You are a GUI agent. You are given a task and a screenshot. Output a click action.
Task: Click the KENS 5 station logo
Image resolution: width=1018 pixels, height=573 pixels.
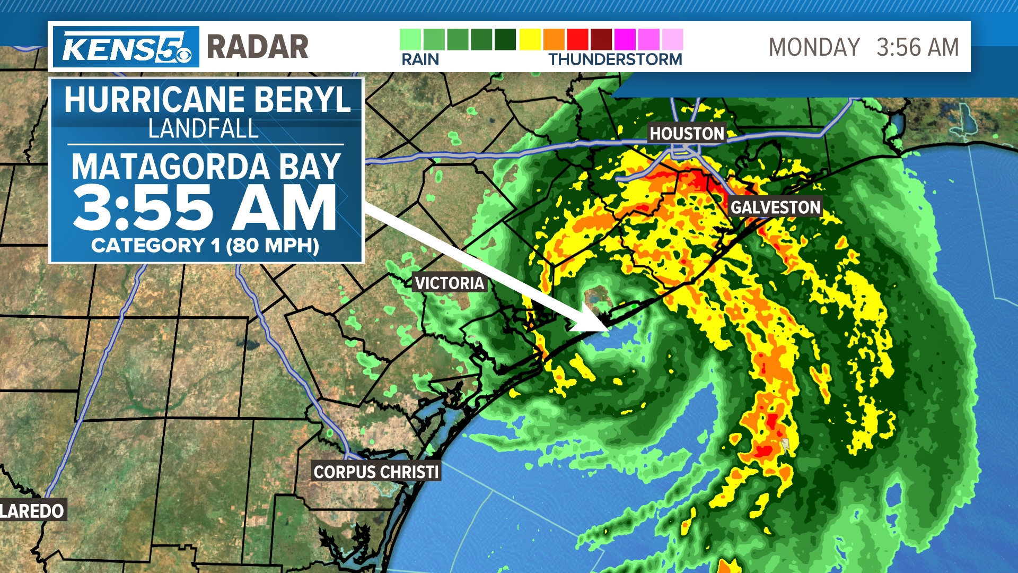pos(126,47)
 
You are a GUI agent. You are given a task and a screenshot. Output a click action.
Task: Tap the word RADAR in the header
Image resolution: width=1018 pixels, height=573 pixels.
pos(257,47)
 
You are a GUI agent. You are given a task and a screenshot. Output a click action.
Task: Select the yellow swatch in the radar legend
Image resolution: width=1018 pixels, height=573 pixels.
pos(530,40)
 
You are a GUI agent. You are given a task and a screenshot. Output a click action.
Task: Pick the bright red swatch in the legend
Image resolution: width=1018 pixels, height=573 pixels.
pos(577,40)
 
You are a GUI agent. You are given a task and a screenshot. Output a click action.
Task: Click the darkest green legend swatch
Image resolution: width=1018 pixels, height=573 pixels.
pos(505,40)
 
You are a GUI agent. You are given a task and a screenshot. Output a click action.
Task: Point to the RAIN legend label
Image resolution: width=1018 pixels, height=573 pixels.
pos(420,59)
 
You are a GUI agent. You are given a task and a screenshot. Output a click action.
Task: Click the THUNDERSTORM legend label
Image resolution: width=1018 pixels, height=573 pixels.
pos(615,59)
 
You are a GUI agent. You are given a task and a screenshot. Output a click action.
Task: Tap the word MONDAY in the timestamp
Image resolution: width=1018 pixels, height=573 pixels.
pos(814,47)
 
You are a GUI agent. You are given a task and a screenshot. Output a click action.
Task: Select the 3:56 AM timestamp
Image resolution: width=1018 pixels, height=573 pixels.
pos(917,47)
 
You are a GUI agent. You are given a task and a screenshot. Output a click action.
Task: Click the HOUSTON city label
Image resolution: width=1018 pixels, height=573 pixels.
pos(687,134)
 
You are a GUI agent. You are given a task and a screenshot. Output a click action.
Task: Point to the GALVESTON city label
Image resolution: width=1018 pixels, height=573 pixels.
pos(776,207)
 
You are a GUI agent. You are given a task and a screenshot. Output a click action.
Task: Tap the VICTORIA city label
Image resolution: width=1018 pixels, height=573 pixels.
pos(450,283)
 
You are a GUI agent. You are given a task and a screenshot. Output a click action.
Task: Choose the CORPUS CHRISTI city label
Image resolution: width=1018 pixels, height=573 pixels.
pos(376,472)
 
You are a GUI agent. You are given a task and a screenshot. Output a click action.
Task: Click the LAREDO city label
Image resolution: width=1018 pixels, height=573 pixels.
pos(32,511)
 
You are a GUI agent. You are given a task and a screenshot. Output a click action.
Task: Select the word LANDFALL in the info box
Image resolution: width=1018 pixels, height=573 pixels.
pos(204,128)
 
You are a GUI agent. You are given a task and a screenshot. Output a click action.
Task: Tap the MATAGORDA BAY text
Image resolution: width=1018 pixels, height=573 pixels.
pos(206,167)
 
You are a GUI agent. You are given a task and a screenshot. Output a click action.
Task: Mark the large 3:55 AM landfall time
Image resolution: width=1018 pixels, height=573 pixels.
pos(205,208)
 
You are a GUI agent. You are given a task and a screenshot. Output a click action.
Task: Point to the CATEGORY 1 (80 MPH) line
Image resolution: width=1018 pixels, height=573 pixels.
pos(205,245)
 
